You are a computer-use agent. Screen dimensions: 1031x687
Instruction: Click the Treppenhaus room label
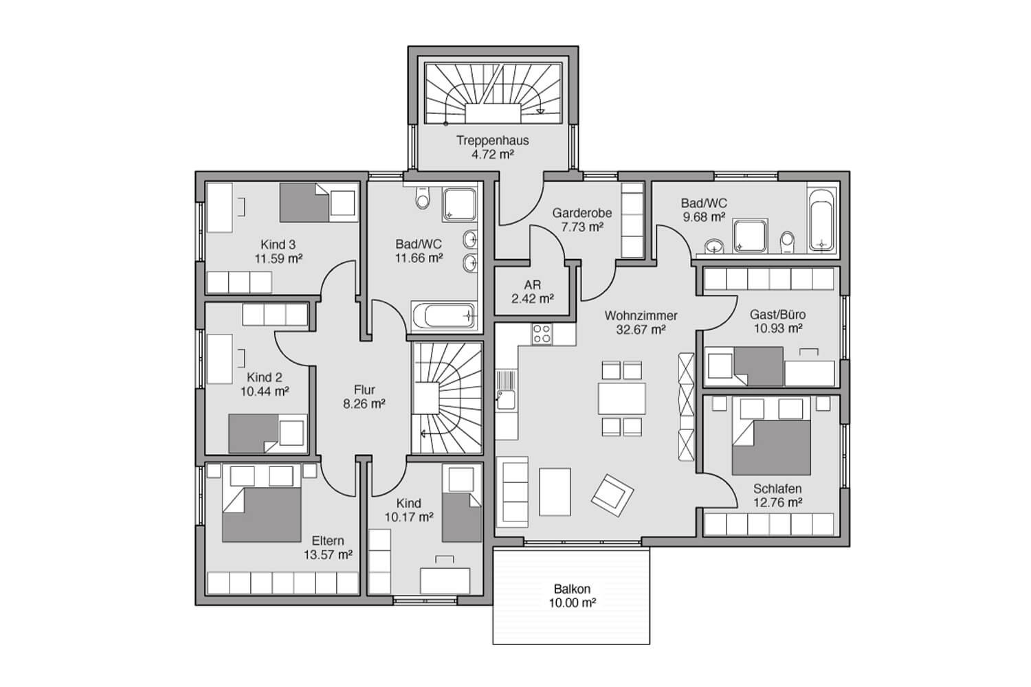coord(493,140)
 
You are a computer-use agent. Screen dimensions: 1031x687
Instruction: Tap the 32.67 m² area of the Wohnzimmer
coord(641,330)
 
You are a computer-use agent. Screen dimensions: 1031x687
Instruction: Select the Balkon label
coord(572,589)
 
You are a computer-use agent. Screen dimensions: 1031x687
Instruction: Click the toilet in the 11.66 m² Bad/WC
coord(422,197)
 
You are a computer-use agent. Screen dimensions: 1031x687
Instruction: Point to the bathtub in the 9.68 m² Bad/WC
coord(821,220)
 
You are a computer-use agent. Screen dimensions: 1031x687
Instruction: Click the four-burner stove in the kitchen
coord(542,335)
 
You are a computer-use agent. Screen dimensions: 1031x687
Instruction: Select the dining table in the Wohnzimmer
coord(622,398)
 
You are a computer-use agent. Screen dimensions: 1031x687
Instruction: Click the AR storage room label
coord(533,285)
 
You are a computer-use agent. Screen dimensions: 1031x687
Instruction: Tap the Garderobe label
coord(581,213)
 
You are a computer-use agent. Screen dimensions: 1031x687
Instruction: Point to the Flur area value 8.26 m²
coord(364,404)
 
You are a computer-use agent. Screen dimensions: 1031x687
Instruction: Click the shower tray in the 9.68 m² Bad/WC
coord(751,236)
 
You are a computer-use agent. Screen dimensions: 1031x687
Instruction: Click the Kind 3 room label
coord(278,245)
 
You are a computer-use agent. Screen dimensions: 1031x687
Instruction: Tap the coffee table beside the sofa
coord(555,492)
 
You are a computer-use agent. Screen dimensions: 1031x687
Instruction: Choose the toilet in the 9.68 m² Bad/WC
coord(788,243)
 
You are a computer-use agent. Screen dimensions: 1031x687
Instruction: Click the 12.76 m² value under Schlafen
coord(778,502)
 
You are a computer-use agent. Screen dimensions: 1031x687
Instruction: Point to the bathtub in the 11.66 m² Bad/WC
coord(444,315)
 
